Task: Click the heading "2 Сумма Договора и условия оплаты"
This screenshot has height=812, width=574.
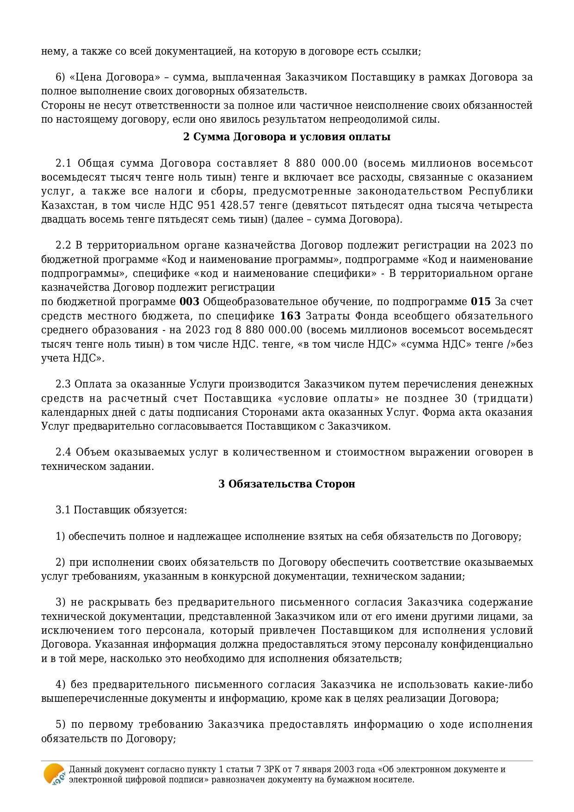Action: click(x=287, y=137)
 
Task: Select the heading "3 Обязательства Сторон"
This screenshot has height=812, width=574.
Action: click(x=287, y=484)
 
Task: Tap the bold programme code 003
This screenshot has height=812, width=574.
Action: click(x=189, y=302)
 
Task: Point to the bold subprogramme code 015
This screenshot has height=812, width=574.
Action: click(x=481, y=302)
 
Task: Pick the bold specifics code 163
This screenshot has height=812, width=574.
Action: click(x=290, y=316)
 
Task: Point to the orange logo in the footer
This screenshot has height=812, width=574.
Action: click(x=54, y=774)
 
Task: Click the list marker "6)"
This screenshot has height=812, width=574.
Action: click(x=61, y=77)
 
